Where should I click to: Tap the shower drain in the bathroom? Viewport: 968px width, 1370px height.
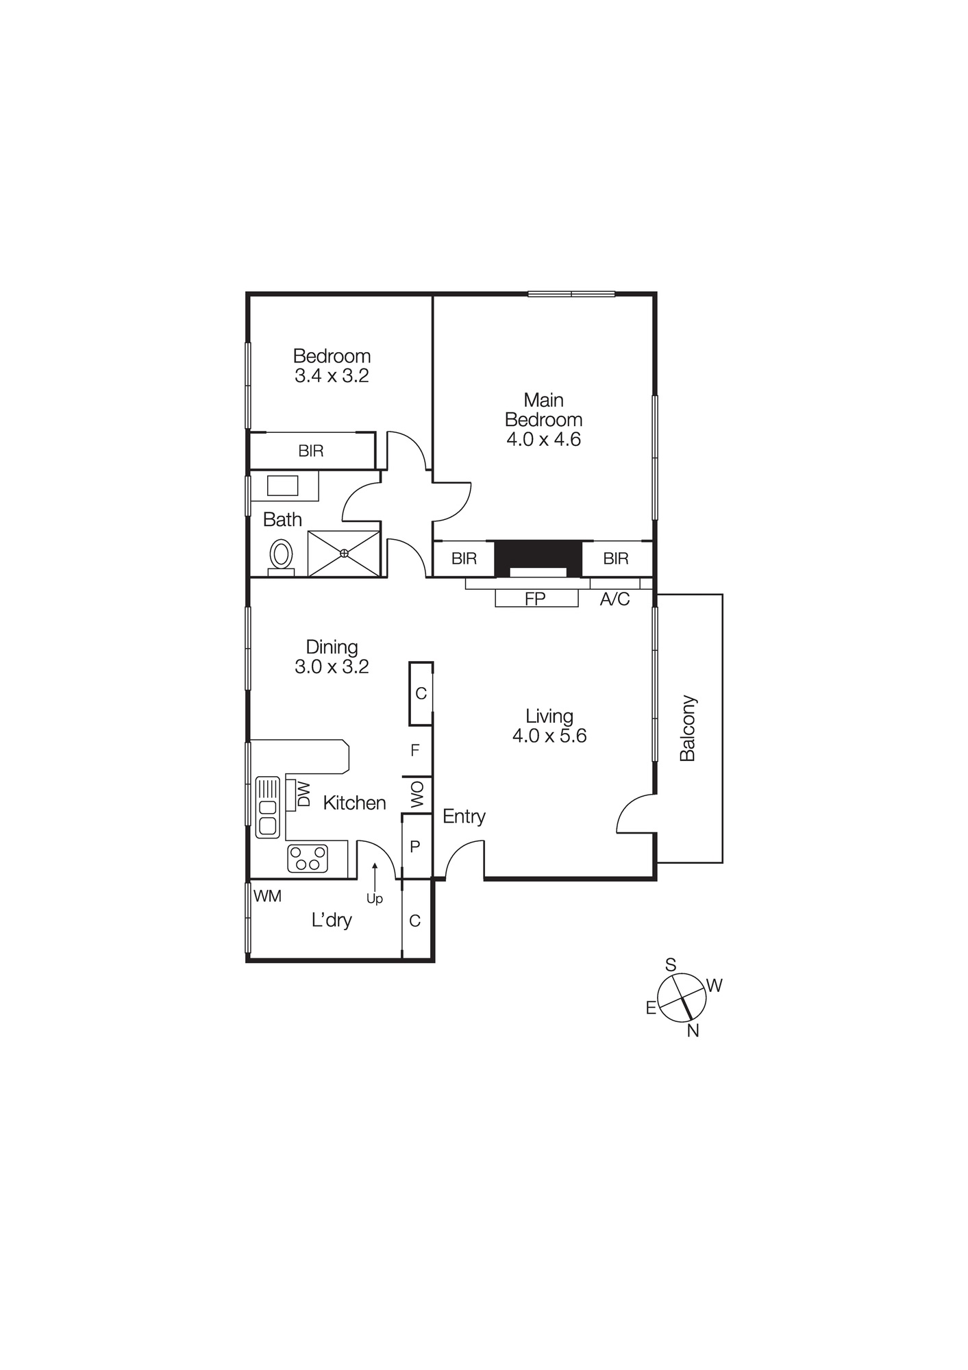344,553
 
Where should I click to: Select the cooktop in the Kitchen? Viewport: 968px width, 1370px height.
308,858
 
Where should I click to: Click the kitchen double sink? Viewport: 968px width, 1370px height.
268,808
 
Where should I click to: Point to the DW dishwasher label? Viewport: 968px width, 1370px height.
303,795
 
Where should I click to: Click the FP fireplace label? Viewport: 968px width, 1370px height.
535,599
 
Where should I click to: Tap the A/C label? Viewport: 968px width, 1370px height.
615,599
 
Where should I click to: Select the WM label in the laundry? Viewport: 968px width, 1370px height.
267,896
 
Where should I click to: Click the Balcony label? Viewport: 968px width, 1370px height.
687,728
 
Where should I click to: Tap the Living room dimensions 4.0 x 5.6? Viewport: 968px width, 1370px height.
549,736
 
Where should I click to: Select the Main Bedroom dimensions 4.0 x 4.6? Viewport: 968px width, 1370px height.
543,439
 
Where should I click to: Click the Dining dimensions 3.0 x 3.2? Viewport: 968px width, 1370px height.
332,667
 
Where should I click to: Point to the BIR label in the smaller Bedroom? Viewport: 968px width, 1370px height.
311,451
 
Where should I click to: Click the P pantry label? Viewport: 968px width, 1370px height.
414,847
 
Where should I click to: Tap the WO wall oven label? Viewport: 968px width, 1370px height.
417,795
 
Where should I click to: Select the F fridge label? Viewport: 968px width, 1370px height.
414,751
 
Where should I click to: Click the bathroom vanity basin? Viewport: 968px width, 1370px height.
282,486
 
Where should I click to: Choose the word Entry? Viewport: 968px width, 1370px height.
464,817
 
